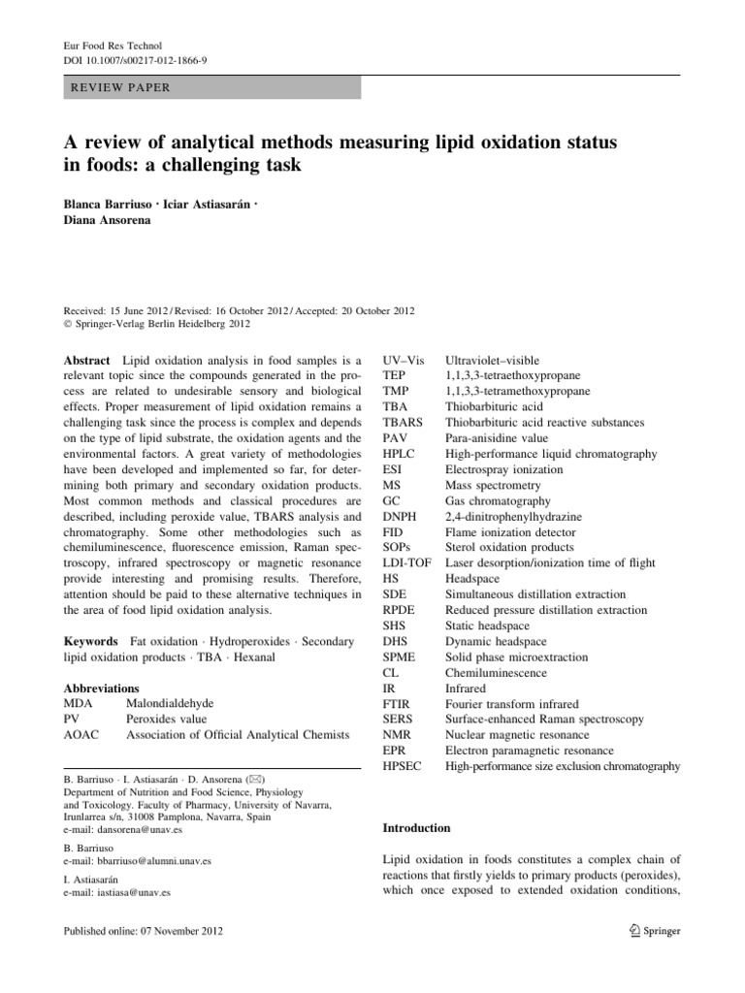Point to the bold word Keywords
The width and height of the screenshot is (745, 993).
point(94,642)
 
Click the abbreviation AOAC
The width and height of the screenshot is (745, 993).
point(83,735)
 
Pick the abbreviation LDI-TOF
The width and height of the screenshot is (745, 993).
point(408,562)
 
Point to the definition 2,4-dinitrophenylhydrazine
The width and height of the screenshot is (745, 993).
point(513,517)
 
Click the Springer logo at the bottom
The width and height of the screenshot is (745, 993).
point(651,931)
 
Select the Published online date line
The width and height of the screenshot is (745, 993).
point(143,931)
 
